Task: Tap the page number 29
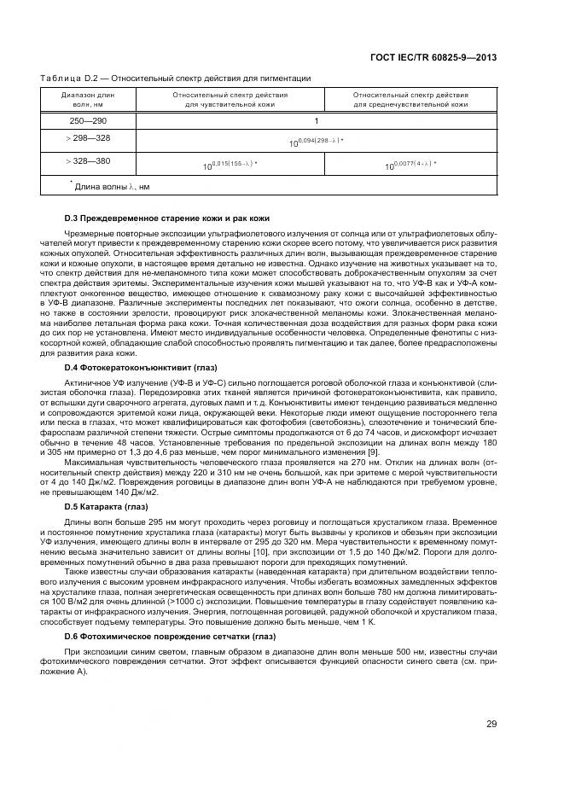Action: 491,725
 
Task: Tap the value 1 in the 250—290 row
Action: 316,121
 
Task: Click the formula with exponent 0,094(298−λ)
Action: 316,142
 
